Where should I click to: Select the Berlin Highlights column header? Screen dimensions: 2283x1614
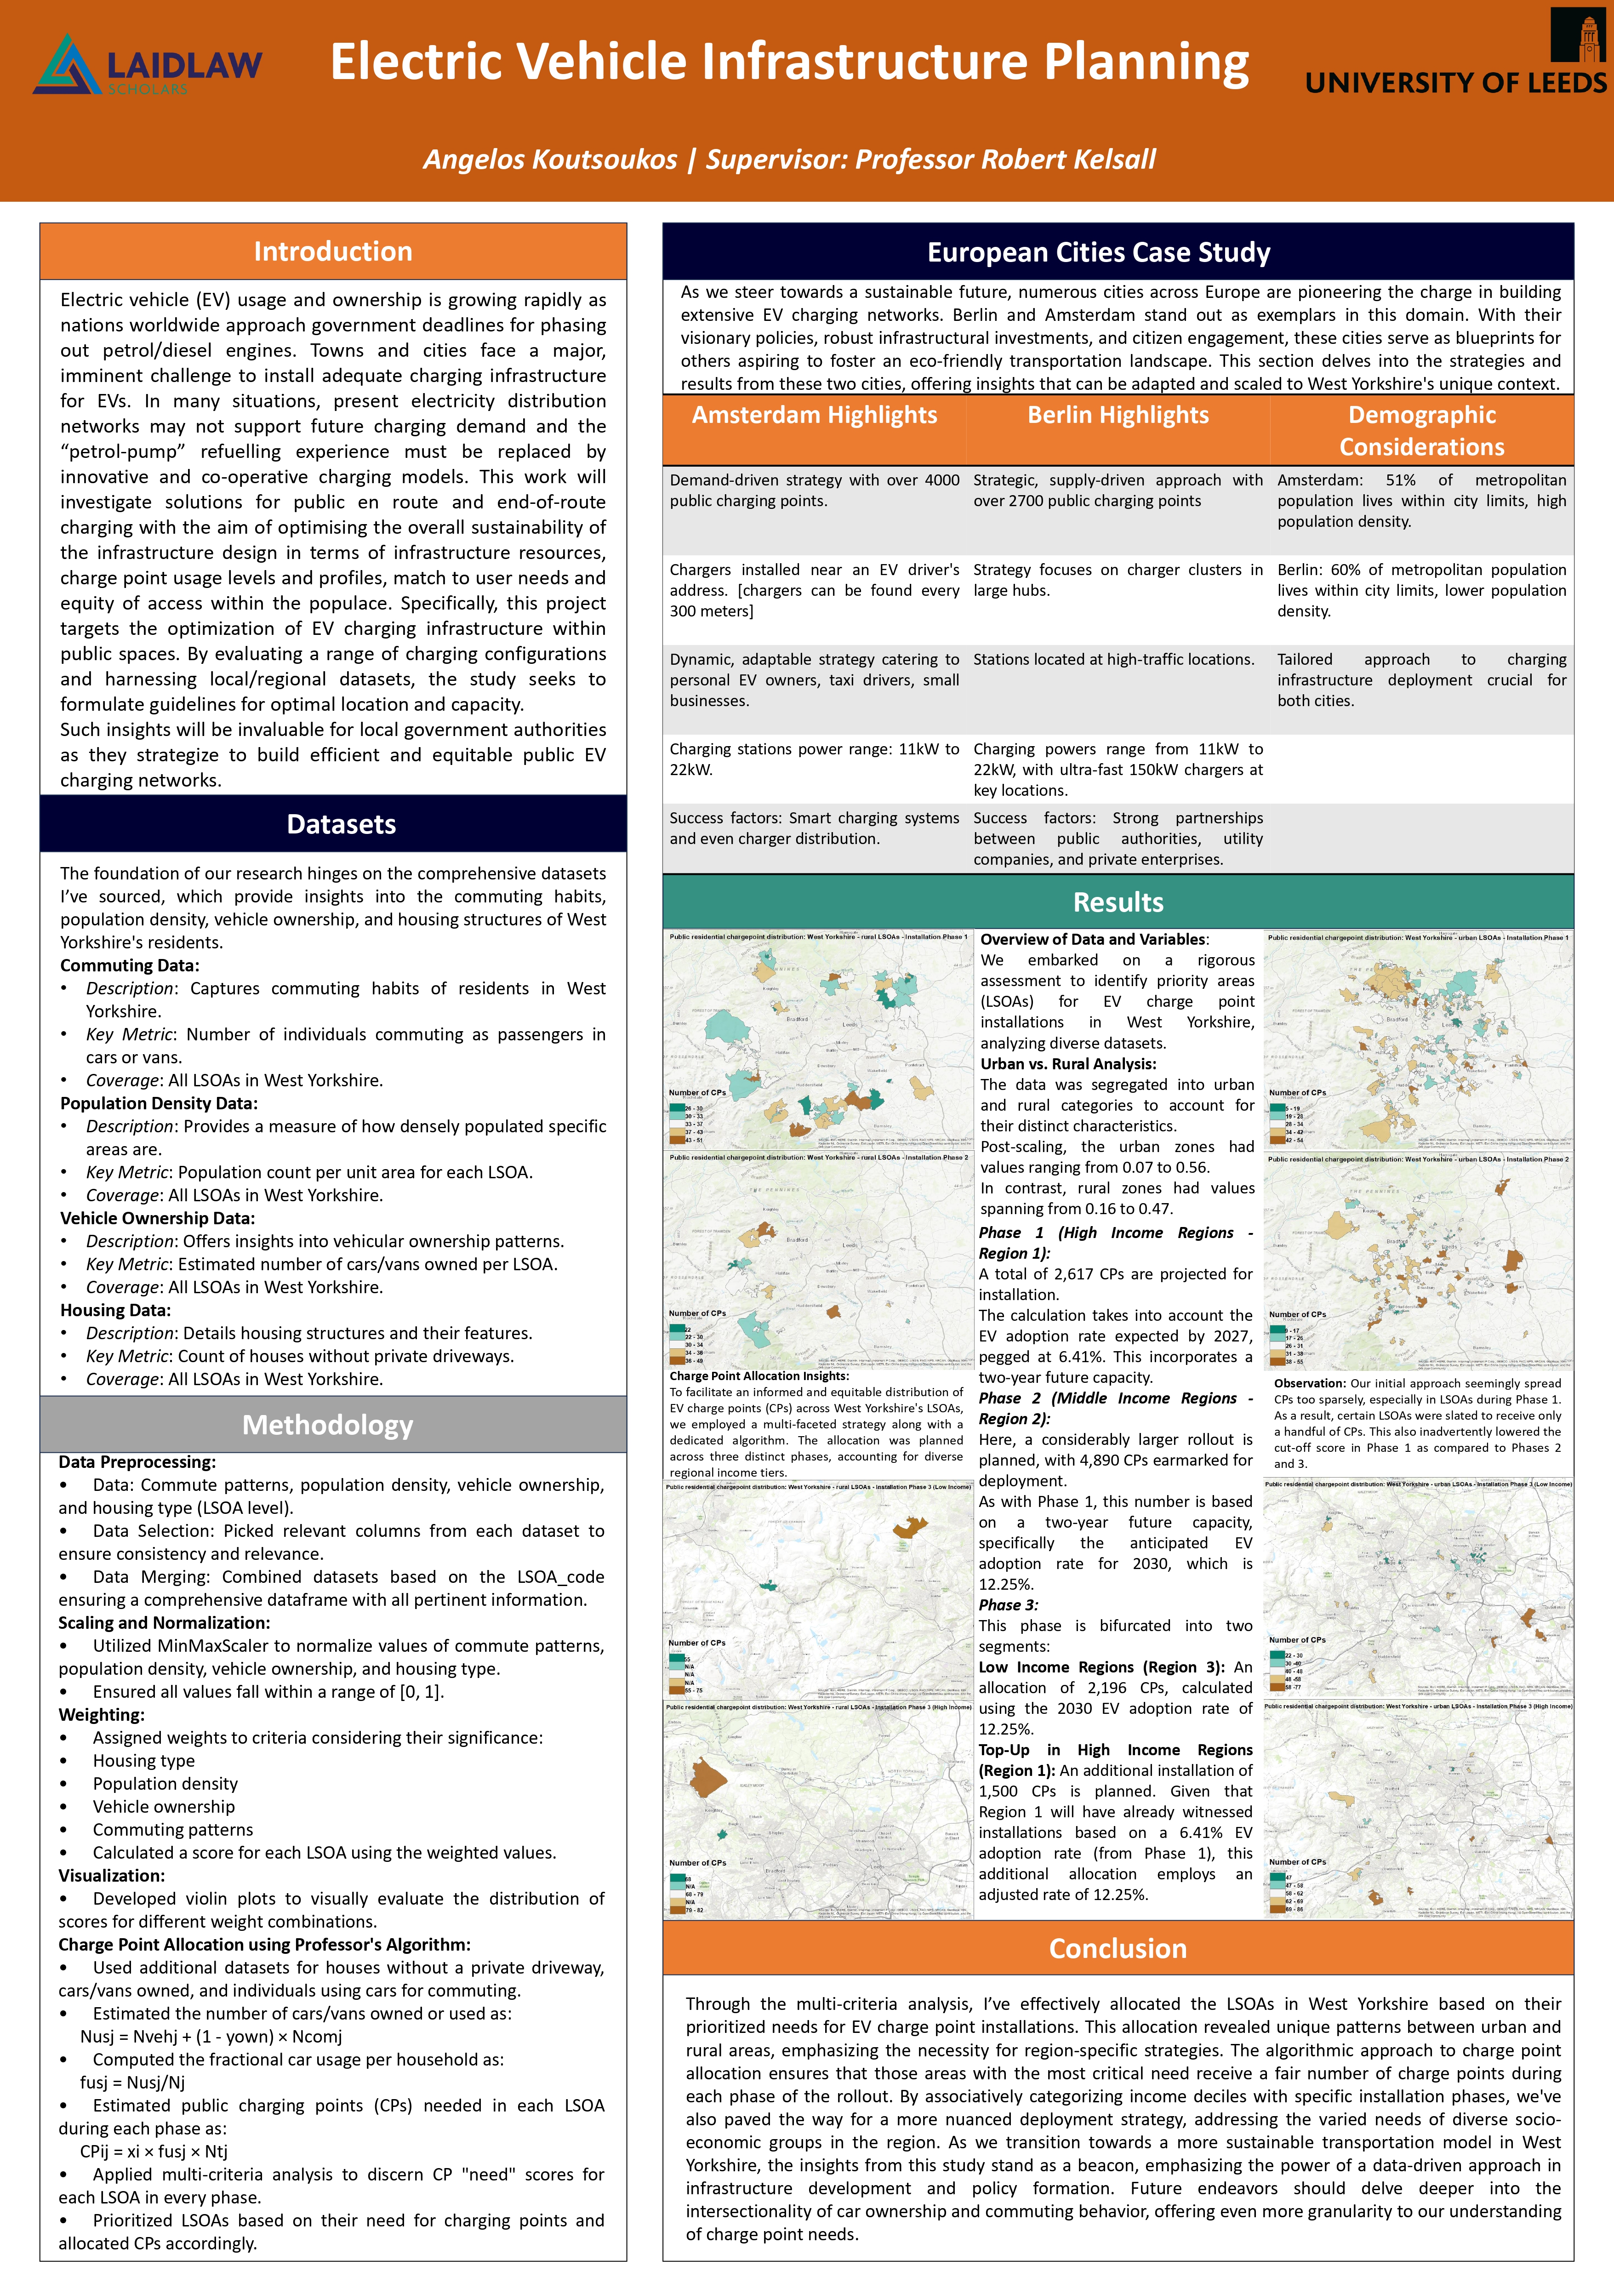(1118, 416)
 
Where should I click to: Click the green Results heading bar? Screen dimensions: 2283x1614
(1118, 902)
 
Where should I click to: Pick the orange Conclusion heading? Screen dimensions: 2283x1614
(1118, 1948)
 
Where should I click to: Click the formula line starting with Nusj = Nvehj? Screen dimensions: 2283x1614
(211, 2037)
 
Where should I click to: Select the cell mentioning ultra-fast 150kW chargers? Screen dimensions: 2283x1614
(1118, 770)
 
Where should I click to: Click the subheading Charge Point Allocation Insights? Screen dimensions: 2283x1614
(759, 1376)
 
